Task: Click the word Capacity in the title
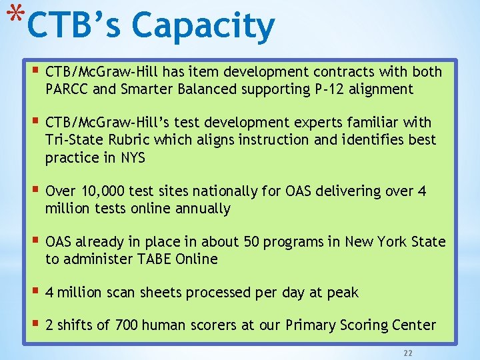point(203,27)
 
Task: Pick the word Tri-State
point(72,140)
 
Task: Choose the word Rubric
point(125,140)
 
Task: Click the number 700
point(127,325)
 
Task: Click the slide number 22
point(407,351)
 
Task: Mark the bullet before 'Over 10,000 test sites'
point(35,191)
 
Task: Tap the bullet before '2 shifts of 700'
point(35,325)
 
